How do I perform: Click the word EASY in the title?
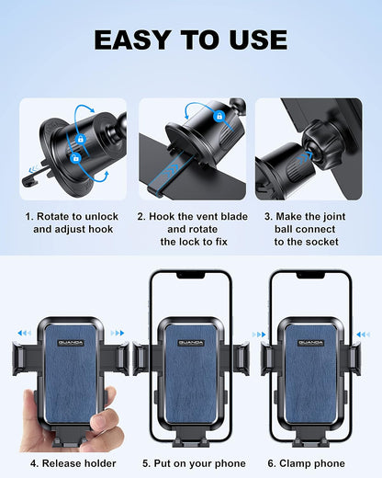136,40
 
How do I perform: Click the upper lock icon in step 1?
80,139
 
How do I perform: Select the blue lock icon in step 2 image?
219,117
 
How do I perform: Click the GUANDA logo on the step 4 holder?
68,343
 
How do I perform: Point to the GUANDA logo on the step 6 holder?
312,343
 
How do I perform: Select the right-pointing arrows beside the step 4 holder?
118,334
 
